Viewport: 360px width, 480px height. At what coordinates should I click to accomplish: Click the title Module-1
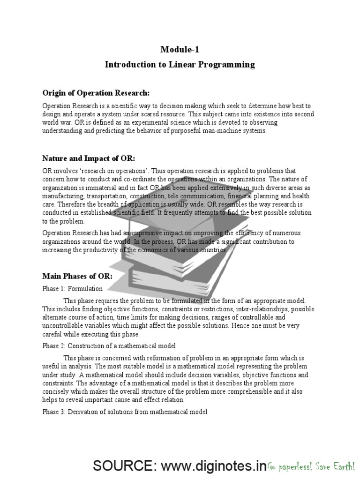click(180, 50)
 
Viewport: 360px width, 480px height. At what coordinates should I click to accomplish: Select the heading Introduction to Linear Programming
click(180, 65)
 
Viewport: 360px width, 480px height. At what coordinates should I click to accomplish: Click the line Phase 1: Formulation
click(72, 289)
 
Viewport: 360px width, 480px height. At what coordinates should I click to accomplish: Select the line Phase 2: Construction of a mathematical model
click(109, 346)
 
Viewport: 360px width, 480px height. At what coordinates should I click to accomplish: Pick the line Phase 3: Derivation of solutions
click(125, 412)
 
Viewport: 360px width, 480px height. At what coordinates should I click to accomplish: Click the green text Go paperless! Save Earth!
click(311, 467)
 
